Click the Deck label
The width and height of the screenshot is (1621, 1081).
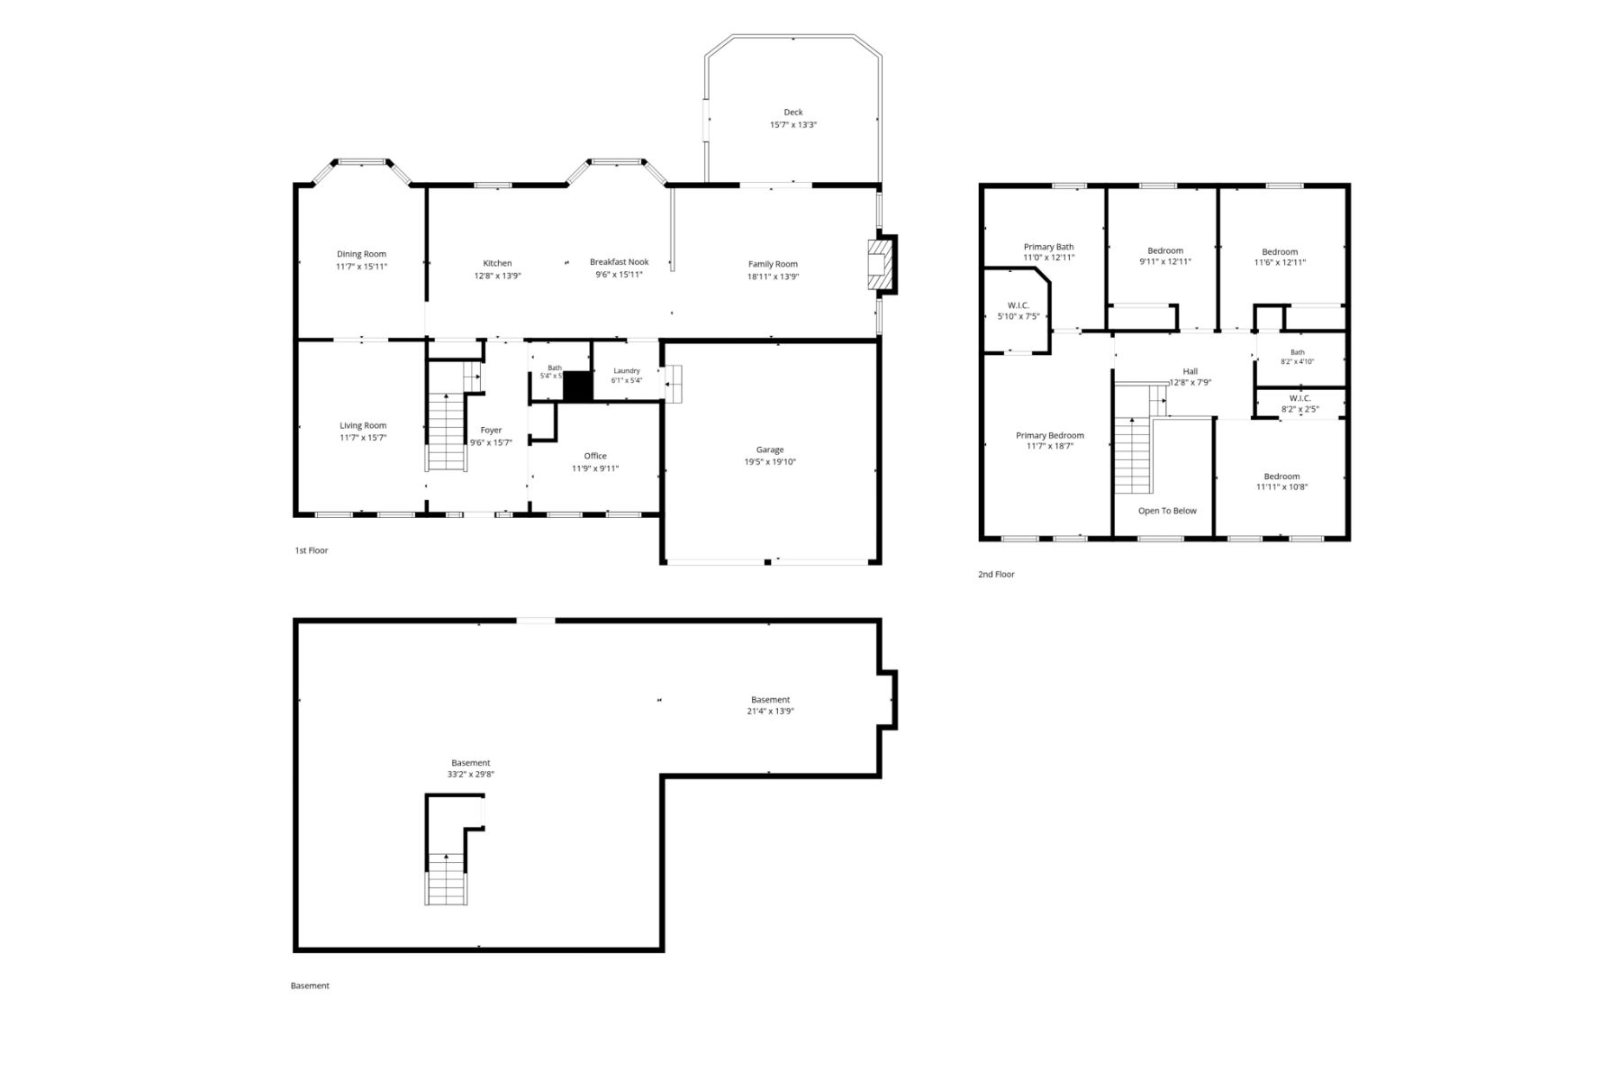(x=792, y=113)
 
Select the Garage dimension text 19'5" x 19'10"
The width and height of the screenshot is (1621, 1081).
(x=770, y=462)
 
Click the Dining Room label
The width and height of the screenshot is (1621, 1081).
(x=361, y=254)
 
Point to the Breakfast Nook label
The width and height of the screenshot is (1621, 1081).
(x=619, y=262)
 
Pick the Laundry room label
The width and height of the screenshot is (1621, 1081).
(x=627, y=370)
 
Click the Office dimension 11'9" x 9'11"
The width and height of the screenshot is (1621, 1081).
(x=595, y=468)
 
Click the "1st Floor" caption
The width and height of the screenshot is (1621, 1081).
(x=312, y=550)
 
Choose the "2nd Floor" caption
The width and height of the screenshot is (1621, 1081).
(x=996, y=574)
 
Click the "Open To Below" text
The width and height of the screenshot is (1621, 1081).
(x=1167, y=511)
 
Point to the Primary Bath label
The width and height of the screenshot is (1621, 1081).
(x=1048, y=247)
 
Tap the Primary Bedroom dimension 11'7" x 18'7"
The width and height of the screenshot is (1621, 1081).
(x=1050, y=446)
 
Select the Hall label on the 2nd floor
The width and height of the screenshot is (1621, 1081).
(x=1191, y=371)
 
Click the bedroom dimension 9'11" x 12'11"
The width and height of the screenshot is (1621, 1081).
(x=1165, y=262)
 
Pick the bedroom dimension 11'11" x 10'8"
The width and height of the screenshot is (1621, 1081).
(x=1281, y=487)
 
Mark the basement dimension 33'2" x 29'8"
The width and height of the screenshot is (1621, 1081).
(x=471, y=774)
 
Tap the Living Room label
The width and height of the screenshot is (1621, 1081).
(x=363, y=425)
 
